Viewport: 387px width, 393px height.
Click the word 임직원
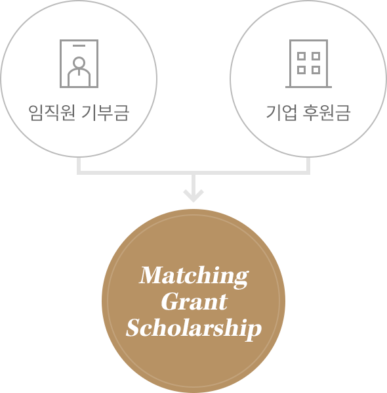coord(52,113)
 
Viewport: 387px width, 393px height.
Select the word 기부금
coord(106,113)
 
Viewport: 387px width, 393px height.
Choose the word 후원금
coord(327,113)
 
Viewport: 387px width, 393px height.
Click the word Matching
coord(194,277)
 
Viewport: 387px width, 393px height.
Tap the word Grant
coord(194,302)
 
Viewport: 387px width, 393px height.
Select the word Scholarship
coord(194,329)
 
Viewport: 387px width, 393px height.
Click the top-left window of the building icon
coord(301,56)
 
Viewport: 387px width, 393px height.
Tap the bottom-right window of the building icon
coord(316,70)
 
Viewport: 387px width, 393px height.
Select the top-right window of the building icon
coord(316,56)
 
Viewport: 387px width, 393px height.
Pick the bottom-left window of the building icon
coord(301,70)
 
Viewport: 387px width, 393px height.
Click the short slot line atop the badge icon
coord(79,46)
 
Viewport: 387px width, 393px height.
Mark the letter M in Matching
coord(151,275)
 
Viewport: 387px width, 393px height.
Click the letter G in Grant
coord(171,302)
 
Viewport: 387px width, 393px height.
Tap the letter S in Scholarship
coord(135,327)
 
